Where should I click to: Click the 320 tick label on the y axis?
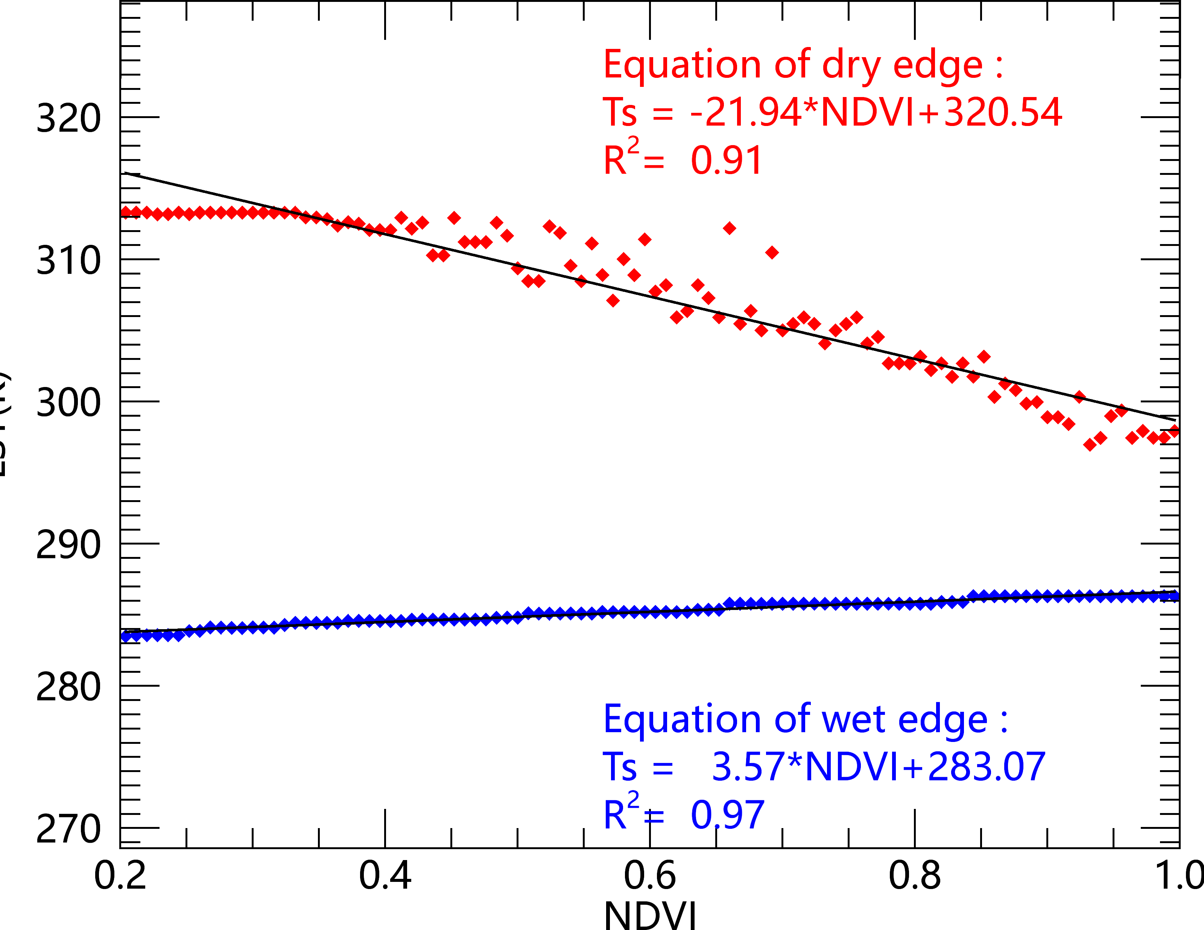click(69, 118)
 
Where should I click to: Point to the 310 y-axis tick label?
click(69, 260)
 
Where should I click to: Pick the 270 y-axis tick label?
click(69, 828)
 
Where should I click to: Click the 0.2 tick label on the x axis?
click(120, 875)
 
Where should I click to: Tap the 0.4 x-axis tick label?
click(385, 875)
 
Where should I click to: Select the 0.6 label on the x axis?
click(649, 875)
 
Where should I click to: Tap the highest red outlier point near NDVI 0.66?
click(729, 228)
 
